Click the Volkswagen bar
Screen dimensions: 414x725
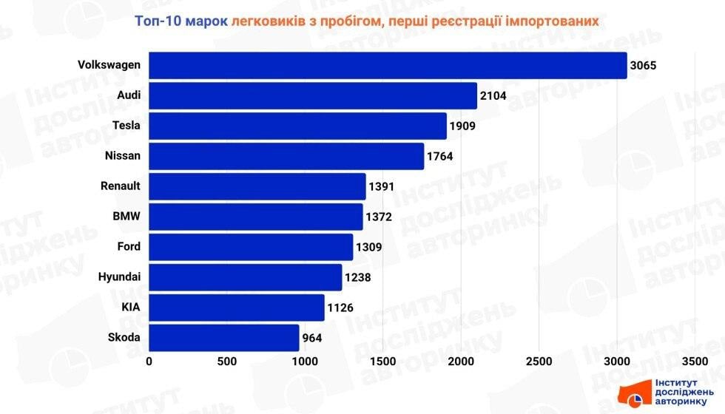388,65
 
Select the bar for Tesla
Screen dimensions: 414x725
297,126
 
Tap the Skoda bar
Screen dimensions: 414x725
224,339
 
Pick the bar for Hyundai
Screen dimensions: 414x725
246,277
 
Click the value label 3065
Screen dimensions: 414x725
643,66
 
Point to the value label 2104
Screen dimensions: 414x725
493,96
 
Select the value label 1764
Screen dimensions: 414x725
439,157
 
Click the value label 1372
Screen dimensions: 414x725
378,217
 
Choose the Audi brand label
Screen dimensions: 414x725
129,95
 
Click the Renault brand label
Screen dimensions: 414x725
120,186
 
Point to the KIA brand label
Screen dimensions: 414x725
131,308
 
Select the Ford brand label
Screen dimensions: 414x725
129,247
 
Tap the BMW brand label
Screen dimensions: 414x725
127,217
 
